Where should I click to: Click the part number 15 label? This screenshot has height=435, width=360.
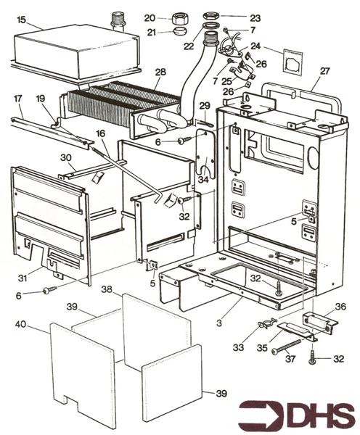[x=21, y=20]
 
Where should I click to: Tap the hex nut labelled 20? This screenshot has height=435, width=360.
[x=178, y=19]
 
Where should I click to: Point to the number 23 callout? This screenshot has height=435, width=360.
[x=255, y=18]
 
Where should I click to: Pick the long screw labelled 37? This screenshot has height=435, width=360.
[x=287, y=346]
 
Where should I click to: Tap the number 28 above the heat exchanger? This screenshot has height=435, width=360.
[x=160, y=72]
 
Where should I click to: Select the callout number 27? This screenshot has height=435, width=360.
[x=324, y=71]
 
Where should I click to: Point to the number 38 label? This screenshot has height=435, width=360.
[x=107, y=289]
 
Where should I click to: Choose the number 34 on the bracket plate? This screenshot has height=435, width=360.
[x=203, y=179]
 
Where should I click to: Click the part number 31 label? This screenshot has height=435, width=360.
[x=22, y=278]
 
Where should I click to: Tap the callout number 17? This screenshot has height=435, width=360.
[x=18, y=99]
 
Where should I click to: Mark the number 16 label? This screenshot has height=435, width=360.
[x=101, y=133]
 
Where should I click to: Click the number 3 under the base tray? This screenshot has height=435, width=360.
[x=219, y=323]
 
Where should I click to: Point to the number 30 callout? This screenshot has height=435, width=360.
[x=66, y=157]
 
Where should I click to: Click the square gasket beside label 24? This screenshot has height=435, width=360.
[x=292, y=62]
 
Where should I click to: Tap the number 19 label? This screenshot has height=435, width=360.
[x=41, y=99]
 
